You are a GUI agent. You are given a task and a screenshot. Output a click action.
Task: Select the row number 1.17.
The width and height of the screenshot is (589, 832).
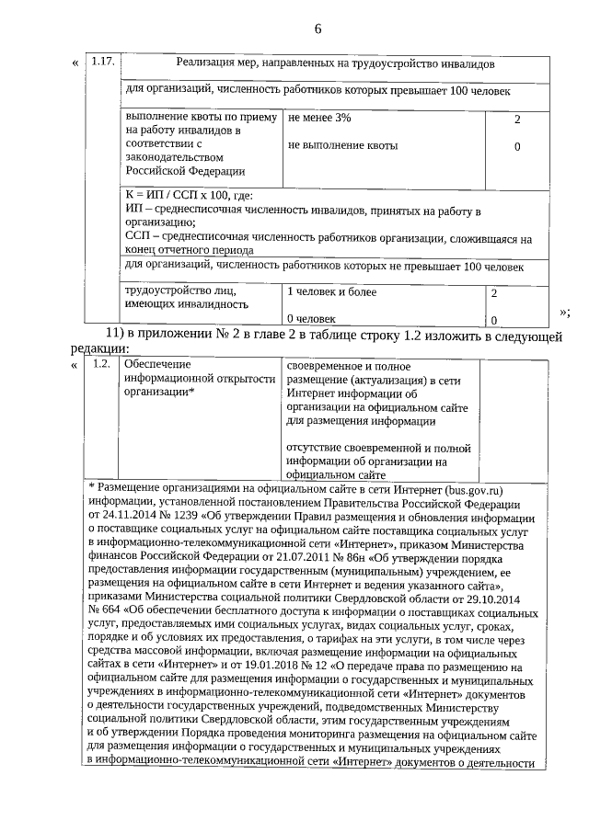point(103,64)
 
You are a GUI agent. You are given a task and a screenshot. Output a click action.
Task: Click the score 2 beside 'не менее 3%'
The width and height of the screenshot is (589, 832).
point(517,120)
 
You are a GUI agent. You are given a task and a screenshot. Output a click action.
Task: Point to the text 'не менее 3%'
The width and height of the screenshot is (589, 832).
point(319,119)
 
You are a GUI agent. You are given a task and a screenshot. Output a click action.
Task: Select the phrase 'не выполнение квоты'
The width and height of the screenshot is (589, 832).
point(342,145)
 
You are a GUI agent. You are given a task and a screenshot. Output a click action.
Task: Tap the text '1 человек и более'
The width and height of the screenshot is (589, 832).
point(332,292)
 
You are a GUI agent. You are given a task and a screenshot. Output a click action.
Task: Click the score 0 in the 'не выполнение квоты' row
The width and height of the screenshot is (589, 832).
point(517,146)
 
